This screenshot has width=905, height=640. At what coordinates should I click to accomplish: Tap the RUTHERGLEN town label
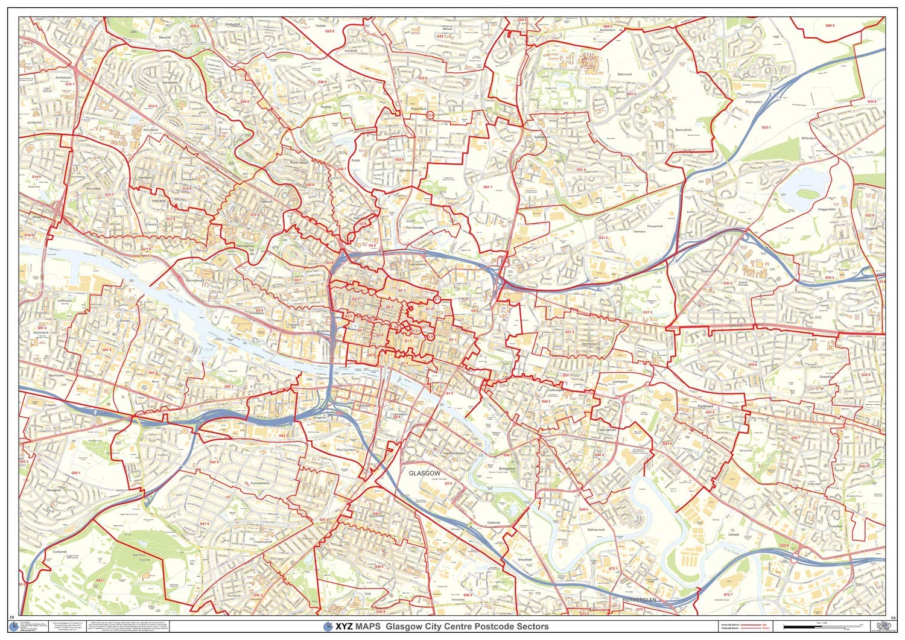639,600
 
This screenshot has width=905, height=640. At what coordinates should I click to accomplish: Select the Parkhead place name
705,407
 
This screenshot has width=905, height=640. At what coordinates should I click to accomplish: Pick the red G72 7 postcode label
728,595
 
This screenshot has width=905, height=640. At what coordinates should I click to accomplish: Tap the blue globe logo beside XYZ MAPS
328,626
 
